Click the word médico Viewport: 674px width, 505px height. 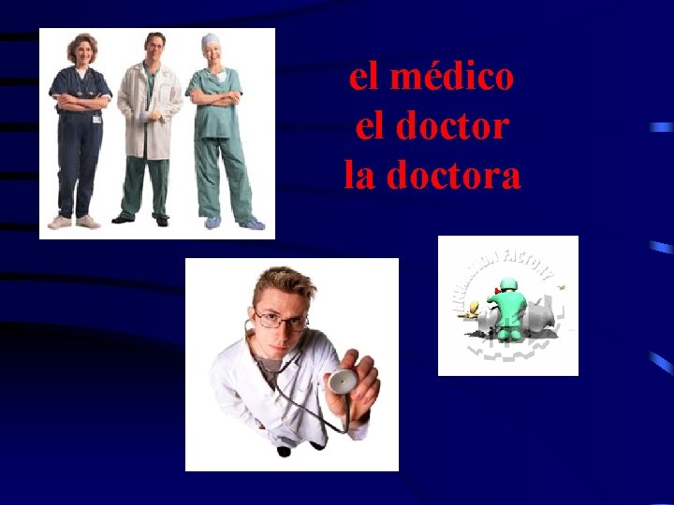[453, 78]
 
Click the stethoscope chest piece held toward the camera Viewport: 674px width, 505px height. [342, 382]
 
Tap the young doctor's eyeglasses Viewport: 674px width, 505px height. [280, 321]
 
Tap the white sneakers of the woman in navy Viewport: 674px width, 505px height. [74, 222]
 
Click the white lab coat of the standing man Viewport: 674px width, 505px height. [150, 112]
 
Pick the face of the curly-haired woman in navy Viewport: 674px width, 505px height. [81, 51]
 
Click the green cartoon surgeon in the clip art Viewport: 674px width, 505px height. [508, 304]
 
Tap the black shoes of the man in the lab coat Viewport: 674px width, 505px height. [140, 220]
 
